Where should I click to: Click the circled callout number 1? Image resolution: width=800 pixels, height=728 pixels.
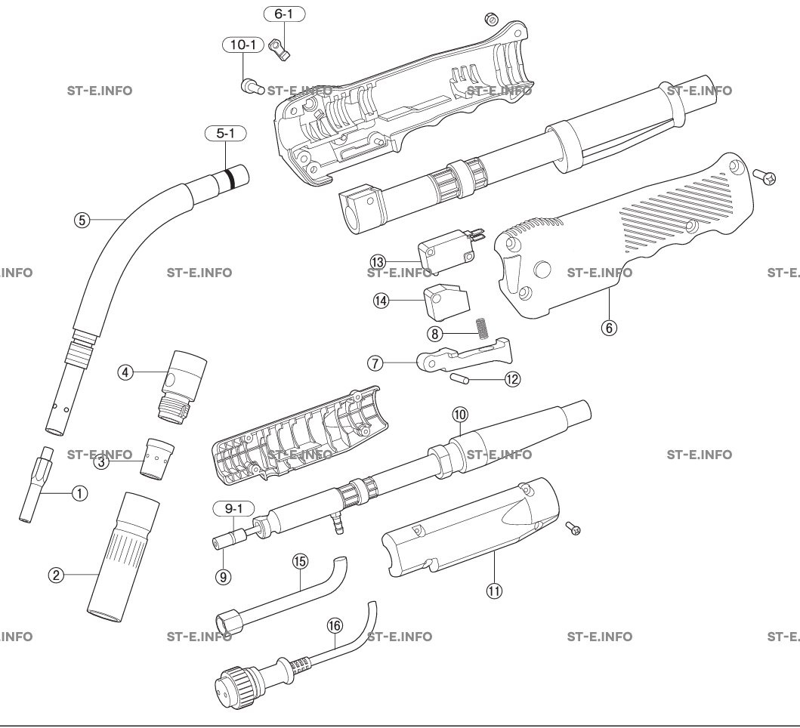coord(76,493)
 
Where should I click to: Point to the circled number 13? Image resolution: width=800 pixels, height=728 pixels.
coord(378,261)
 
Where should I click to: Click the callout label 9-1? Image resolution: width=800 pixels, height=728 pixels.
coord(228,509)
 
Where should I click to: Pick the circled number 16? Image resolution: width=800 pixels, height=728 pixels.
coord(335,625)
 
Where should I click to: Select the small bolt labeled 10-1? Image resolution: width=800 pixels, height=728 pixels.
coord(252,86)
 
